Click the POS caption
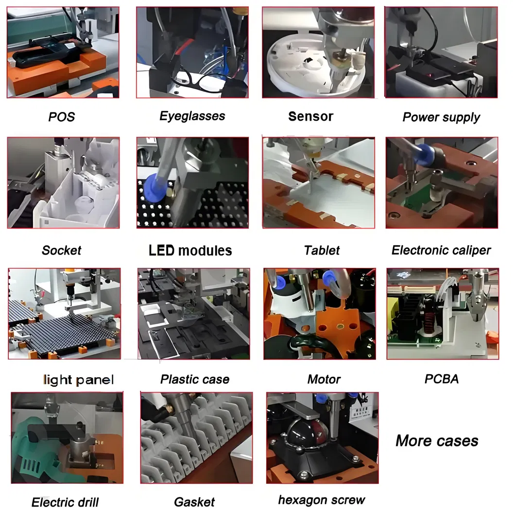62,117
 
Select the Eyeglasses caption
192,116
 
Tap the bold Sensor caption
310,116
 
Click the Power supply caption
441,117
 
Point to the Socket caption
61,251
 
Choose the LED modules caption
190,251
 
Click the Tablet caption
322,251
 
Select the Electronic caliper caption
441,251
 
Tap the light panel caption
78,380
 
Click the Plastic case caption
195,380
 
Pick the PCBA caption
441,379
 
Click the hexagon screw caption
321,500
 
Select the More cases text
437,441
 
